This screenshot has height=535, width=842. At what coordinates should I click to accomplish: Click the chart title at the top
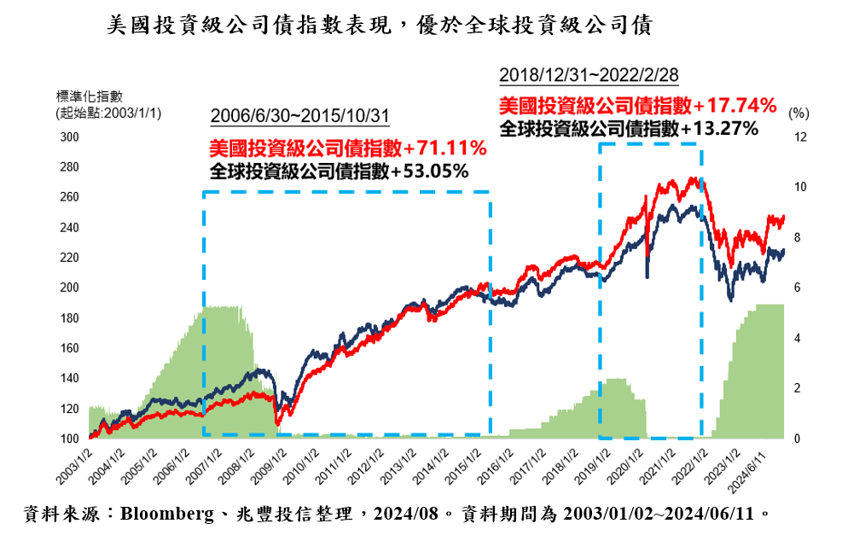click(x=380, y=26)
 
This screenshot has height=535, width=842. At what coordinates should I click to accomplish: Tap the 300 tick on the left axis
click(x=70, y=137)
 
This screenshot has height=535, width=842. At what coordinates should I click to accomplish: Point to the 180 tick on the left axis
click(x=70, y=318)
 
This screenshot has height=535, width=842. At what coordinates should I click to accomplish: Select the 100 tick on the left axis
click(x=70, y=439)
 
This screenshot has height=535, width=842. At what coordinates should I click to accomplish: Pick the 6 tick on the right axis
click(x=797, y=288)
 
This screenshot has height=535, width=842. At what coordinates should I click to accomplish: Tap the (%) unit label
click(x=798, y=113)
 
